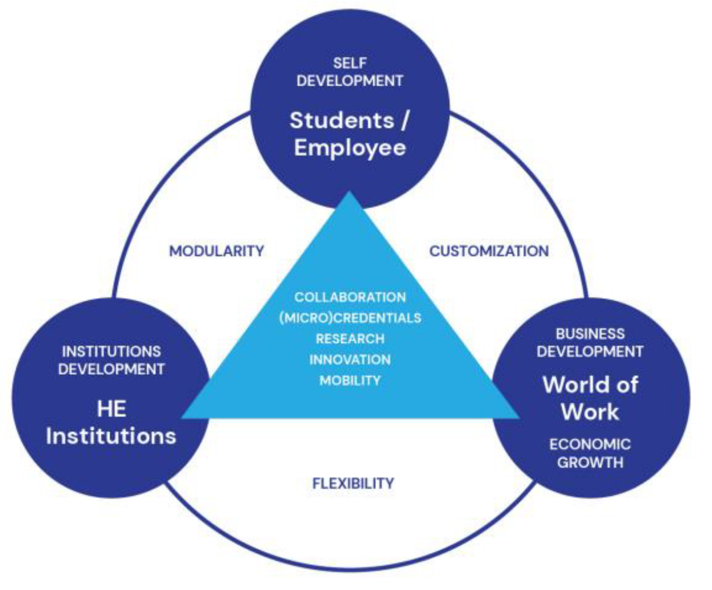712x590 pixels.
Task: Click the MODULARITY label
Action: pyautogui.click(x=217, y=251)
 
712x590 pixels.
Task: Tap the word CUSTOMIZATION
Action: pyautogui.click(x=489, y=251)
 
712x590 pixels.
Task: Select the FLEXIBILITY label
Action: pyautogui.click(x=353, y=483)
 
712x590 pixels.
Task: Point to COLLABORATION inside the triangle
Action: pyautogui.click(x=350, y=297)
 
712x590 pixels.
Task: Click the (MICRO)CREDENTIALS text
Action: pyautogui.click(x=350, y=318)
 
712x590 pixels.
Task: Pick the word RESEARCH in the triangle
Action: pyautogui.click(x=350, y=339)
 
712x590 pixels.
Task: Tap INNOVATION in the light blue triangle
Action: pyautogui.click(x=350, y=360)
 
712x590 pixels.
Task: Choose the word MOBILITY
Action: pyautogui.click(x=350, y=380)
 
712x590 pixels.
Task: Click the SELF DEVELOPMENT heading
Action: pyautogui.click(x=350, y=72)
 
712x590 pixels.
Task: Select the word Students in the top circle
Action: pyautogui.click(x=342, y=121)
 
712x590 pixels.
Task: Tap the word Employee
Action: pyautogui.click(x=350, y=148)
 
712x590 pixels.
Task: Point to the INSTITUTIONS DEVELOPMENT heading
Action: pyautogui.click(x=111, y=360)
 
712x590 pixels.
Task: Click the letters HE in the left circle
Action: pyautogui.click(x=111, y=409)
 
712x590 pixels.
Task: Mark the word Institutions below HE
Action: pyautogui.click(x=111, y=436)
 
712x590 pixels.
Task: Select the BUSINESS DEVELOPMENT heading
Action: pyautogui.click(x=590, y=342)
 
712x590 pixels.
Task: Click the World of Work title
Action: pyautogui.click(x=590, y=398)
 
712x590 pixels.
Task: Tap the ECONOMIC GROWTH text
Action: pyautogui.click(x=590, y=453)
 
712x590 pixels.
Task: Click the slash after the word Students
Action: pyautogui.click(x=405, y=121)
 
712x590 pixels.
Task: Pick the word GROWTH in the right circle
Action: pyautogui.click(x=590, y=463)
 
